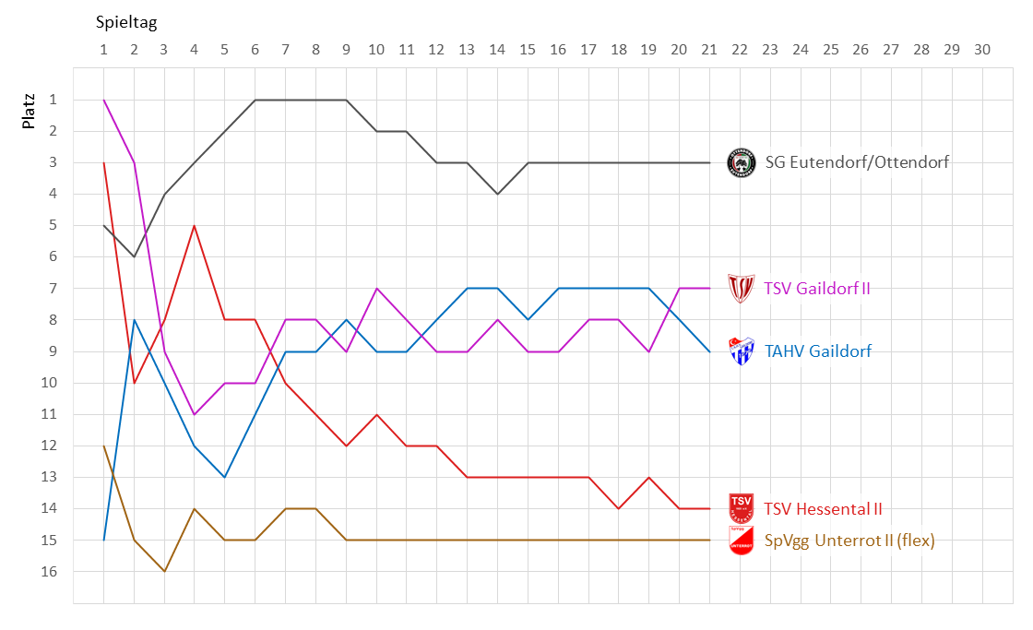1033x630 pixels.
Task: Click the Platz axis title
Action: pos(30,109)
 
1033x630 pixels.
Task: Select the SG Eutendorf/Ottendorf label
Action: pos(857,162)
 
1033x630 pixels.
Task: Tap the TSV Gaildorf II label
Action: pos(817,289)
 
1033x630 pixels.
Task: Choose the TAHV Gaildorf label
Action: pos(818,351)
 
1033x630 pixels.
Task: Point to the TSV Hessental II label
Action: pos(823,508)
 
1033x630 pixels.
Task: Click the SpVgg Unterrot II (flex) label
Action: pos(849,541)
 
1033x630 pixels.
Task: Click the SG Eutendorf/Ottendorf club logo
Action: pos(742,162)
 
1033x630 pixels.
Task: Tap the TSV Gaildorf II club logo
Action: pos(742,289)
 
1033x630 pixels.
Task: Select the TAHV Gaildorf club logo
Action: pos(742,351)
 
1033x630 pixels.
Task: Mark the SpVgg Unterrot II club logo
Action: pos(742,540)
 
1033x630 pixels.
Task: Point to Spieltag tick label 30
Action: pos(981,50)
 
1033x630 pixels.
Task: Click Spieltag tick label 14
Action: pos(497,50)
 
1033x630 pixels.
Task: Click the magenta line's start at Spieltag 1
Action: pos(103,100)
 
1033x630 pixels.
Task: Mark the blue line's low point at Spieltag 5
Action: pos(225,477)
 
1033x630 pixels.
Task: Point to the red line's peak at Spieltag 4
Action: pos(195,225)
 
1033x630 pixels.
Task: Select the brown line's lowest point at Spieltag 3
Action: pos(164,571)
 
